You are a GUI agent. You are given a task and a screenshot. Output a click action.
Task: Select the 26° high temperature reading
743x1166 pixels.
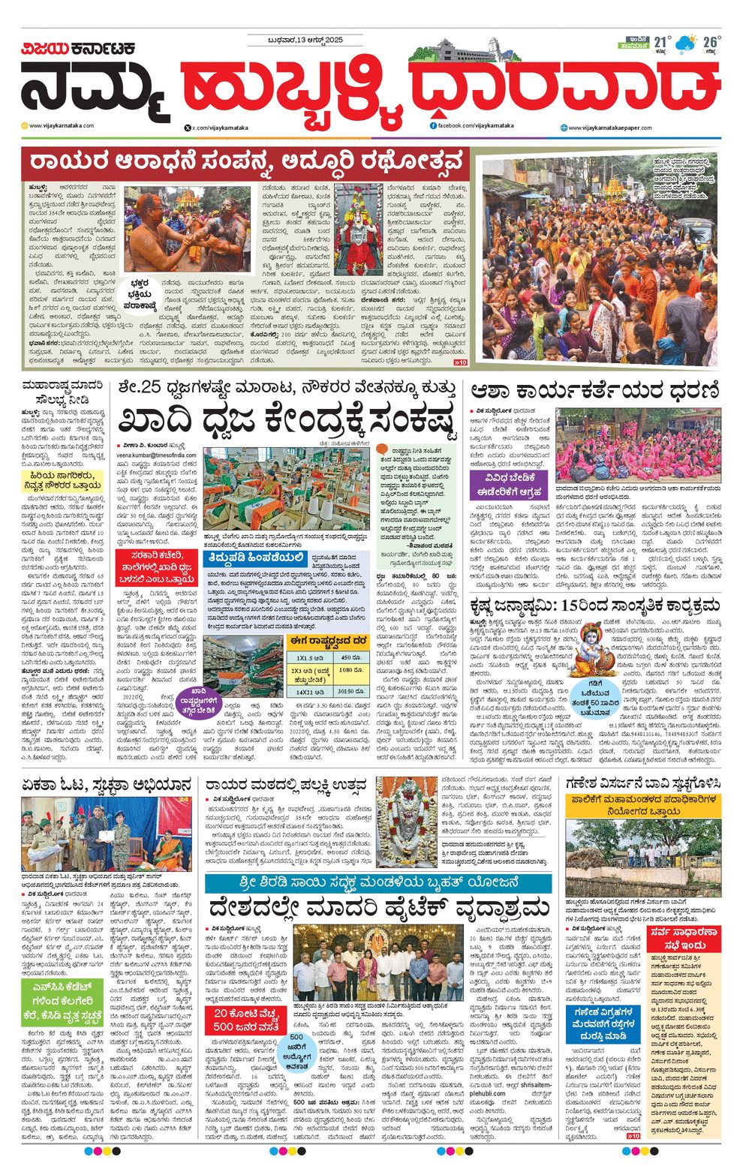pos(710,41)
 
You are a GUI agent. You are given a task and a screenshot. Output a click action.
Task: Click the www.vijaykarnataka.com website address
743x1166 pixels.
pos(62,125)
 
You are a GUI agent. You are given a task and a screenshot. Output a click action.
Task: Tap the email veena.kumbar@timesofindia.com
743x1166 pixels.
pos(156,455)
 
